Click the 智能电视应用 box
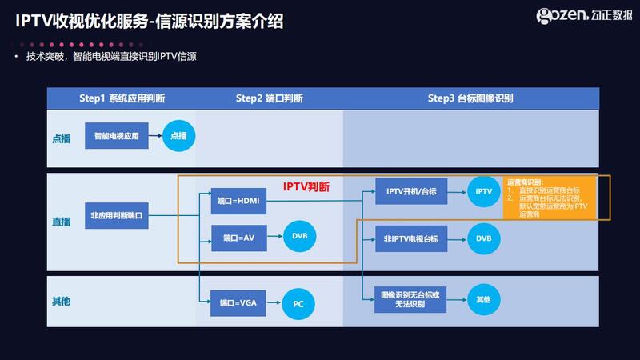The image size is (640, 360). [x=117, y=136]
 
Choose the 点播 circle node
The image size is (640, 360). [x=178, y=137]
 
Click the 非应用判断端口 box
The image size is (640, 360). [x=117, y=215]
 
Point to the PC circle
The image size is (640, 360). [x=298, y=304]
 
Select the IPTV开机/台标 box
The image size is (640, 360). [x=410, y=192]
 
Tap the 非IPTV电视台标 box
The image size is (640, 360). [x=410, y=238]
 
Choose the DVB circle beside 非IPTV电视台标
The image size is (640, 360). [x=484, y=238]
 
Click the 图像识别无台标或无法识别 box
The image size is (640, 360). [x=410, y=298]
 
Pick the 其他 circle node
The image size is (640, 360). [x=484, y=299]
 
